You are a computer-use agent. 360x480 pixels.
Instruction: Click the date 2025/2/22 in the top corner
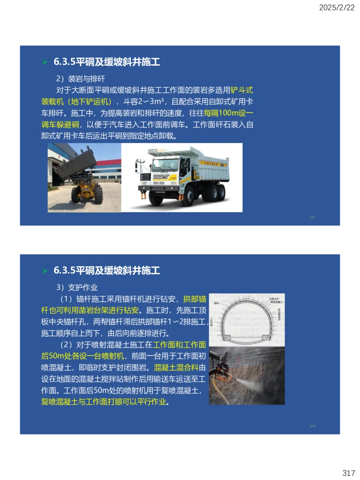point(337,7)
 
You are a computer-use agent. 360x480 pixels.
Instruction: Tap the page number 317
point(348,473)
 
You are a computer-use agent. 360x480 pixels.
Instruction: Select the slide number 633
point(312,217)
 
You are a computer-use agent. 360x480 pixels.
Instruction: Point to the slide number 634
point(312,426)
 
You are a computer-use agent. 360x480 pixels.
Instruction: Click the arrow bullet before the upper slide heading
point(45,62)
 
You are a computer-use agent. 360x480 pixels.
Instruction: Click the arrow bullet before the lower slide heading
point(45,270)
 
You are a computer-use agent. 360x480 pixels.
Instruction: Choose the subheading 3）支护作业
point(77,287)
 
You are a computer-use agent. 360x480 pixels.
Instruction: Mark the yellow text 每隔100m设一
point(229,112)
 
